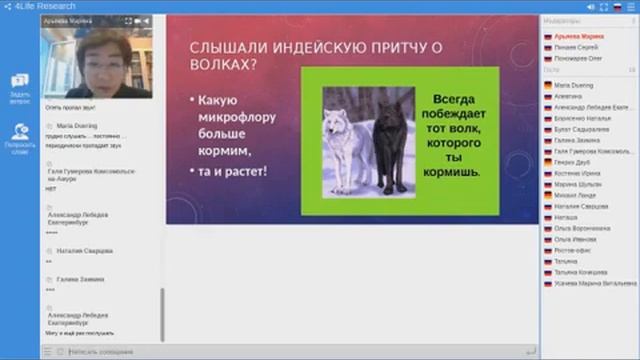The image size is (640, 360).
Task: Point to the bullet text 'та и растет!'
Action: pyautogui.click(x=232, y=171)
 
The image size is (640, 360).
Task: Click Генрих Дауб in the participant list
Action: pyautogui.click(x=572, y=162)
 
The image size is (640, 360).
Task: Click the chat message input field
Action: pyautogui.click(x=290, y=351)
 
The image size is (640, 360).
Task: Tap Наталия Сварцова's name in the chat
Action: pyautogui.click(x=85, y=251)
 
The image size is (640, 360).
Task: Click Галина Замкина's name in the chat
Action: pyautogui.click(x=80, y=280)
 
